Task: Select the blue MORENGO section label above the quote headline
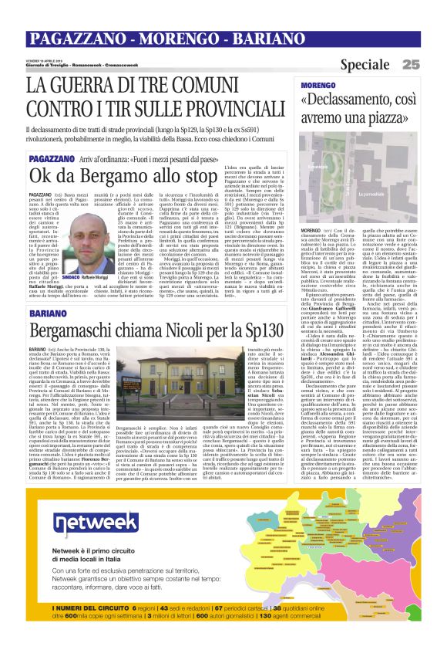(x=318, y=84)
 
